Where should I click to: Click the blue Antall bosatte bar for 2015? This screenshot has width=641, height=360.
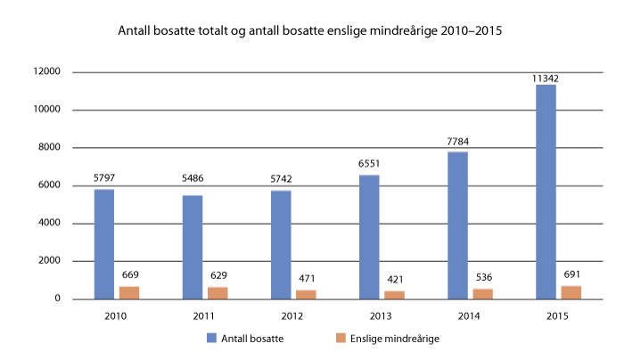pyautogui.click(x=546, y=192)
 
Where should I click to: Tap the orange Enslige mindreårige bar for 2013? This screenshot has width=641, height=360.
pyautogui.click(x=394, y=294)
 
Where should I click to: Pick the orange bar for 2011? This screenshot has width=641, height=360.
pyautogui.click(x=218, y=292)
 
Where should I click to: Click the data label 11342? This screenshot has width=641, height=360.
pyautogui.click(x=546, y=78)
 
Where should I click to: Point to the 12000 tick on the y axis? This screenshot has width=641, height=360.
pyautogui.click(x=47, y=72)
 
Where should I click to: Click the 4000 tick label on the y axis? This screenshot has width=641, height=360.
pyautogui.click(x=50, y=224)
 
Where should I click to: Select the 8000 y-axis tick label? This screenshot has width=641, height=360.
pyautogui.click(x=50, y=148)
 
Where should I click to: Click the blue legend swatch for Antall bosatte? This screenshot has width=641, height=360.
pyautogui.click(x=212, y=338)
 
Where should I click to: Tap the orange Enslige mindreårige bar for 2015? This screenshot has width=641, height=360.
pyautogui.click(x=571, y=291)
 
